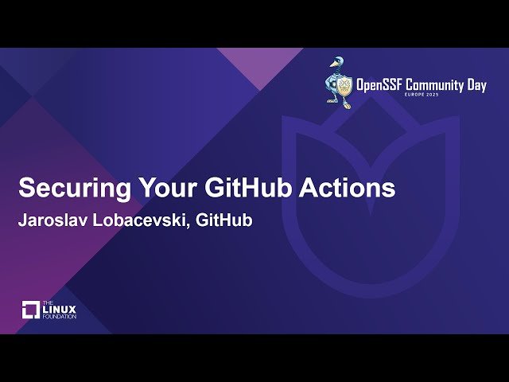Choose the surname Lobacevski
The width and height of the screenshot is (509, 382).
click(x=143, y=220)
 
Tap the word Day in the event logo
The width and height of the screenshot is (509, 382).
click(x=475, y=86)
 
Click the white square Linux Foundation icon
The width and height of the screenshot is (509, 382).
click(x=31, y=310)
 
